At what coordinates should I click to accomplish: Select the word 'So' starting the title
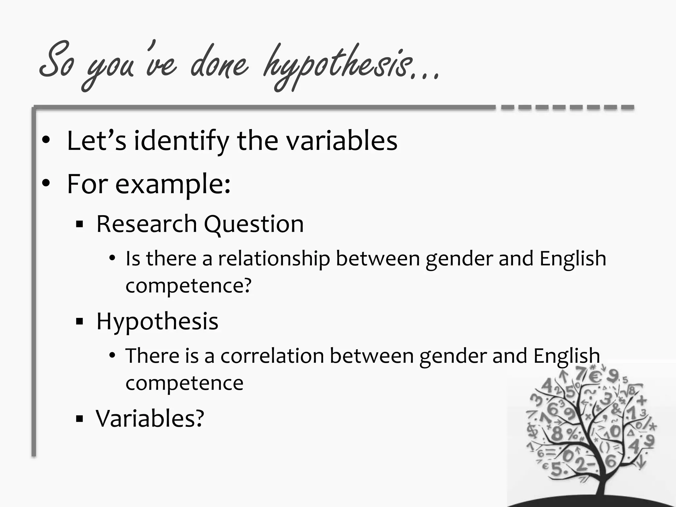point(57,61)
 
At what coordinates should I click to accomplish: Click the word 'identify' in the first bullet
point(181,141)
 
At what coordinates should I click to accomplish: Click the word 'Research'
point(147,224)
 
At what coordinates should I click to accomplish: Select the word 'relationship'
point(274,259)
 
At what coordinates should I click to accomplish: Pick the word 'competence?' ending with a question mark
point(188,286)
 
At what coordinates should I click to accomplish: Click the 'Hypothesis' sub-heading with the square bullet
point(157,321)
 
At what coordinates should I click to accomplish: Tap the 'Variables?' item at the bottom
point(150,418)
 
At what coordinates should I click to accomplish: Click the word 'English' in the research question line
point(573,259)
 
